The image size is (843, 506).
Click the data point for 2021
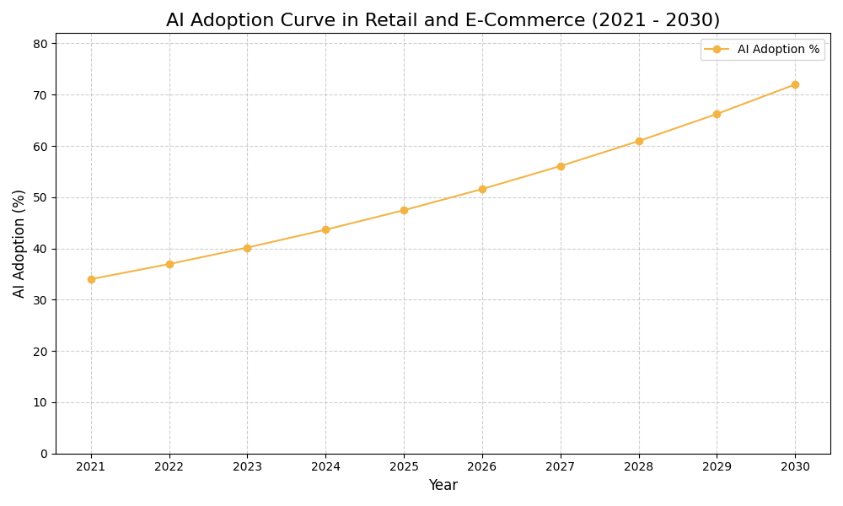(x=91, y=279)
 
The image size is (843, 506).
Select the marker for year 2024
(x=325, y=229)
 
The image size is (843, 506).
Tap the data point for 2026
(x=482, y=189)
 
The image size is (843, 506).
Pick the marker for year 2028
(x=639, y=141)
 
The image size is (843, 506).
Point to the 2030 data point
(x=795, y=84)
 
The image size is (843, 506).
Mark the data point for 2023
(x=247, y=248)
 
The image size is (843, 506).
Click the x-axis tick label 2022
(x=169, y=466)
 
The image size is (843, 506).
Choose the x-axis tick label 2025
(x=404, y=466)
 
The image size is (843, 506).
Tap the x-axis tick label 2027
(x=561, y=466)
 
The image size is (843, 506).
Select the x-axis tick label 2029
(x=717, y=466)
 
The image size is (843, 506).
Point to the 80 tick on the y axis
(x=40, y=44)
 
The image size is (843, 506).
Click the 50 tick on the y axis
(x=40, y=197)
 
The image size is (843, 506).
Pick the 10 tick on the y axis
(x=40, y=402)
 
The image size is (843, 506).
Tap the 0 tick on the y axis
(x=44, y=454)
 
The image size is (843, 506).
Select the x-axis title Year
(x=443, y=486)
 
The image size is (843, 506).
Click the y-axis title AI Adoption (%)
(x=19, y=243)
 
